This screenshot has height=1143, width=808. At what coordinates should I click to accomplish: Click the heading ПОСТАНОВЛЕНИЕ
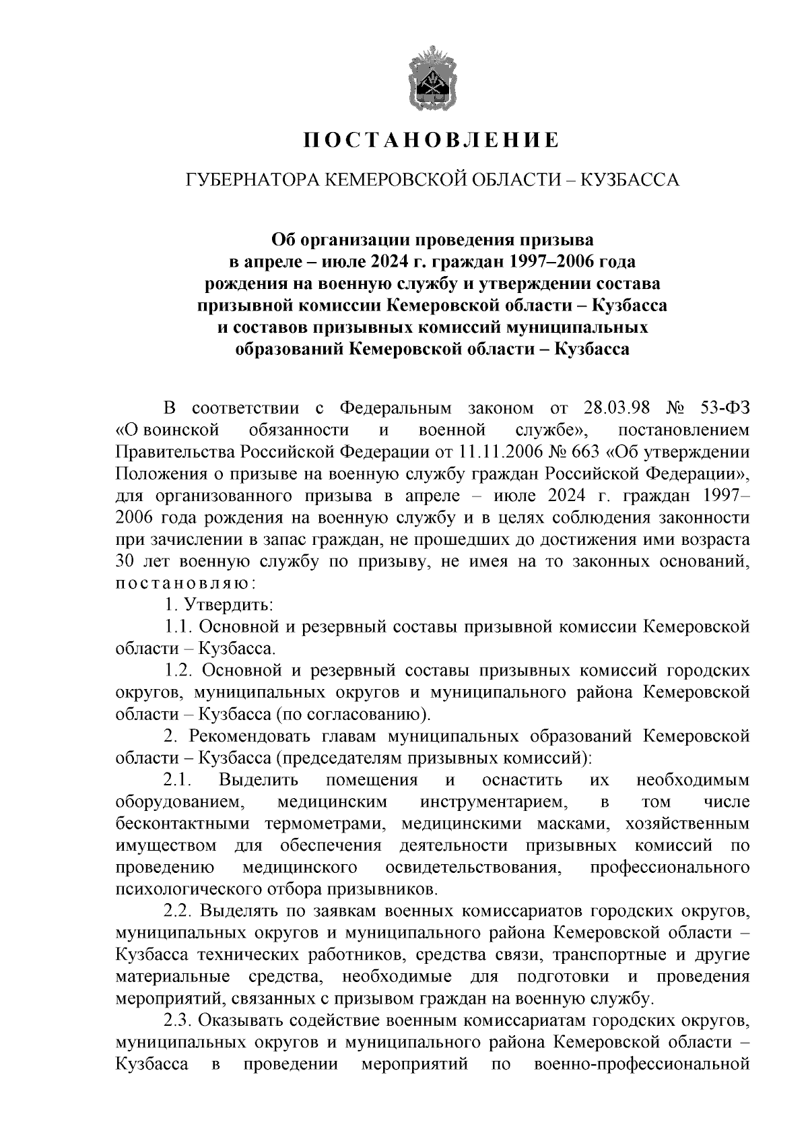(431, 140)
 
